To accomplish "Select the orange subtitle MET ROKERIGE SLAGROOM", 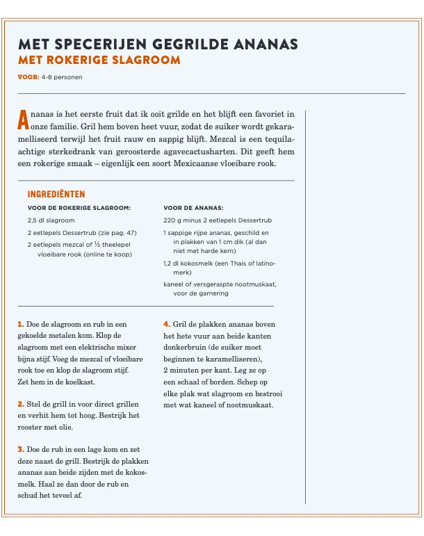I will pyautogui.click(x=99, y=60).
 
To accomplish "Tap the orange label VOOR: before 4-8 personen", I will pyautogui.click(x=28, y=77).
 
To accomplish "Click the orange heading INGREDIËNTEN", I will pyautogui.click(x=56, y=195).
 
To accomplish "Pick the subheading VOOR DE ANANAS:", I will pyautogui.click(x=193, y=207).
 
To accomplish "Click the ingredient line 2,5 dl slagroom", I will pyautogui.click(x=51, y=220).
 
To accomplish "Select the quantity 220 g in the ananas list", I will pyautogui.click(x=173, y=220).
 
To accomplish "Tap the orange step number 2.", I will pyautogui.click(x=20, y=404).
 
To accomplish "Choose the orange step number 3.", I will pyautogui.click(x=20, y=450).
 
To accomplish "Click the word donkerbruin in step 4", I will pyautogui.click(x=185, y=348).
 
